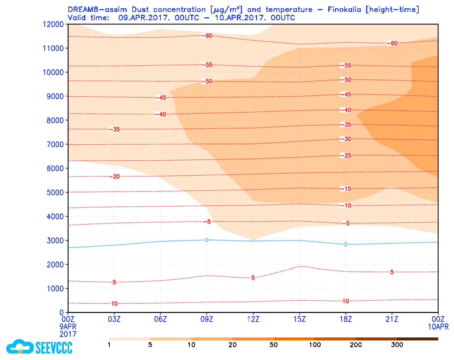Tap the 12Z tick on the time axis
click(x=253, y=319)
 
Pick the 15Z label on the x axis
click(x=299, y=319)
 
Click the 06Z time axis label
click(x=160, y=319)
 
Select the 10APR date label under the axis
click(x=438, y=327)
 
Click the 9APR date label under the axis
click(x=68, y=327)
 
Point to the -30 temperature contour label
click(x=345, y=139)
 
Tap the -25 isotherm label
click(x=345, y=156)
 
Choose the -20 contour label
click(x=114, y=177)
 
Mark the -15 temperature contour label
click(x=345, y=189)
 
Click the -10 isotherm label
click(x=345, y=206)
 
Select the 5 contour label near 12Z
click(x=253, y=278)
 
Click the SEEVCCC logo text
click(x=54, y=347)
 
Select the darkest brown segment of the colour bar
click(x=418, y=339)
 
